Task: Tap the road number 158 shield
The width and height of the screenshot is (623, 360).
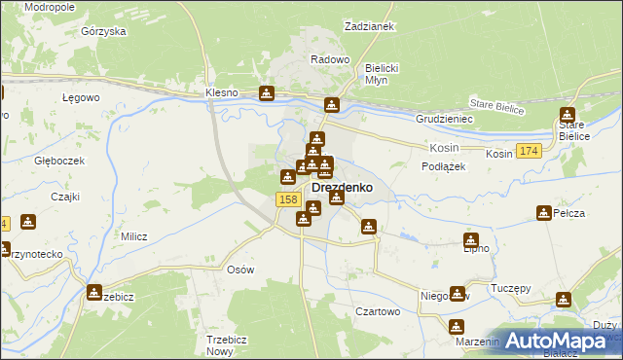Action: [x=287, y=199]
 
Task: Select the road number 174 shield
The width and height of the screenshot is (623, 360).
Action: [x=529, y=151]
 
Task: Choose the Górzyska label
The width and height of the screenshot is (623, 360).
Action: [x=104, y=31]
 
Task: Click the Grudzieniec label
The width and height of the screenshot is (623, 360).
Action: [x=444, y=119]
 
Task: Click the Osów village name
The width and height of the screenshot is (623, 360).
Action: [x=239, y=270]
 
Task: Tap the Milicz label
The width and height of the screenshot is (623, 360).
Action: [x=133, y=236]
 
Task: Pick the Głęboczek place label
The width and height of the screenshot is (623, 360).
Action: [x=59, y=161]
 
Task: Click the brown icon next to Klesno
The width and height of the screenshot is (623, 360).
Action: [x=267, y=93]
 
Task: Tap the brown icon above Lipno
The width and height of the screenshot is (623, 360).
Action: [x=471, y=240]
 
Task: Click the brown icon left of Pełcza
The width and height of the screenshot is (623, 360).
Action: [x=544, y=212]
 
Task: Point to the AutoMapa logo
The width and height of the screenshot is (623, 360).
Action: [x=559, y=341]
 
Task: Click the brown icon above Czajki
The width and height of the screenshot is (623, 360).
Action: [x=28, y=221]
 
